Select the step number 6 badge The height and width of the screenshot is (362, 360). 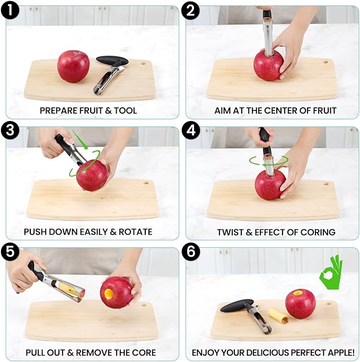coord(191,252)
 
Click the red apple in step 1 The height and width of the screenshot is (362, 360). coord(73,66)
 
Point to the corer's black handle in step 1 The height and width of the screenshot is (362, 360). coord(112,61)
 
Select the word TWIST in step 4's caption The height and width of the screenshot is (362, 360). coord(229,232)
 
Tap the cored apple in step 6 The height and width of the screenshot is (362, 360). coord(300,304)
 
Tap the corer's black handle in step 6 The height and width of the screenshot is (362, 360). coord(236,305)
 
